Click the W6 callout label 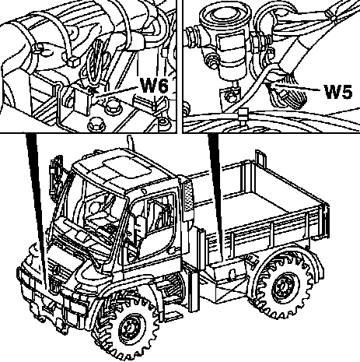click(154, 86)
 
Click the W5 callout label click(338, 92)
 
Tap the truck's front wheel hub click(129, 329)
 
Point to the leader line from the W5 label click(297, 87)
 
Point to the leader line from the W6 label click(116, 92)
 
